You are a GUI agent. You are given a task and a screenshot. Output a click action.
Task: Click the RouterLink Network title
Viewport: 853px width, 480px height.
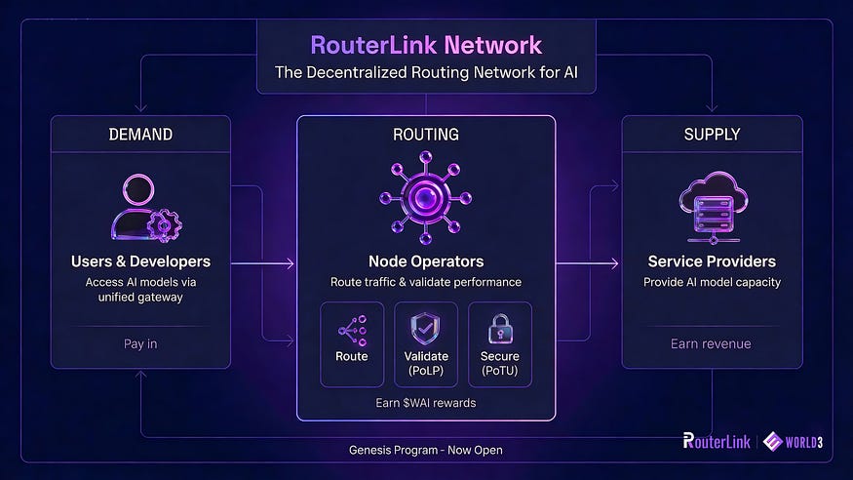[x=425, y=45]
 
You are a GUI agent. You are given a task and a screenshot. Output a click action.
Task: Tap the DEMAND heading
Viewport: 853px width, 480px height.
[x=140, y=134]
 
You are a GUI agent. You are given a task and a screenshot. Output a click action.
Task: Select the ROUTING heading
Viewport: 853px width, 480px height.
[x=425, y=134]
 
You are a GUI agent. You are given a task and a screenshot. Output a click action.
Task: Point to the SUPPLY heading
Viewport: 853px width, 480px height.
[x=712, y=134]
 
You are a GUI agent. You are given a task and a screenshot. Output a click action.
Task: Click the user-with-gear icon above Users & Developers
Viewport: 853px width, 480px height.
[x=140, y=207]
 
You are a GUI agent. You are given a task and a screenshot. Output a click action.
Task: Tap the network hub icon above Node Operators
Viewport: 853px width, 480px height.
[x=425, y=197]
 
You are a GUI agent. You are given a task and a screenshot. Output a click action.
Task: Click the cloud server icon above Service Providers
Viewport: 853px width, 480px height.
[x=712, y=207]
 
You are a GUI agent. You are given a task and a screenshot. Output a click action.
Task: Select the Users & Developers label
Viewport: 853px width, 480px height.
[x=140, y=261]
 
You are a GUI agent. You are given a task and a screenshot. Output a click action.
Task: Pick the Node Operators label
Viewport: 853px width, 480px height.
[x=425, y=261]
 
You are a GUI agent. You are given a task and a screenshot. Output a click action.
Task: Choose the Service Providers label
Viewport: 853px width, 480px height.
[x=712, y=261]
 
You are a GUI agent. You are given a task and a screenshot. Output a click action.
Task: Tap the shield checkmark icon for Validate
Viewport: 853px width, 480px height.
[x=426, y=329]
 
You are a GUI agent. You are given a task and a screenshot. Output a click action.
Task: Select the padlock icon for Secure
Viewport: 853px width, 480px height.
[x=500, y=329]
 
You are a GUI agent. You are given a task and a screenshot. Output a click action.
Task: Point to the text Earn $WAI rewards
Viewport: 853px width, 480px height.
[x=426, y=402]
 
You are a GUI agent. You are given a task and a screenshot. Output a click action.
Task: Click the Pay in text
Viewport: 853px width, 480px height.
[x=140, y=344]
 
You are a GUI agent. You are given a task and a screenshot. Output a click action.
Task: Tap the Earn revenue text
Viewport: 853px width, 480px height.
[x=712, y=344]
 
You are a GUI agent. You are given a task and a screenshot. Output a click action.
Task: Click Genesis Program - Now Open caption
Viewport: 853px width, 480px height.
[x=426, y=450]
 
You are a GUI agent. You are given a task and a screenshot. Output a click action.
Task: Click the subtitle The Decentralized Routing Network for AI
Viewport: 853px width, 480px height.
[x=425, y=72]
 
